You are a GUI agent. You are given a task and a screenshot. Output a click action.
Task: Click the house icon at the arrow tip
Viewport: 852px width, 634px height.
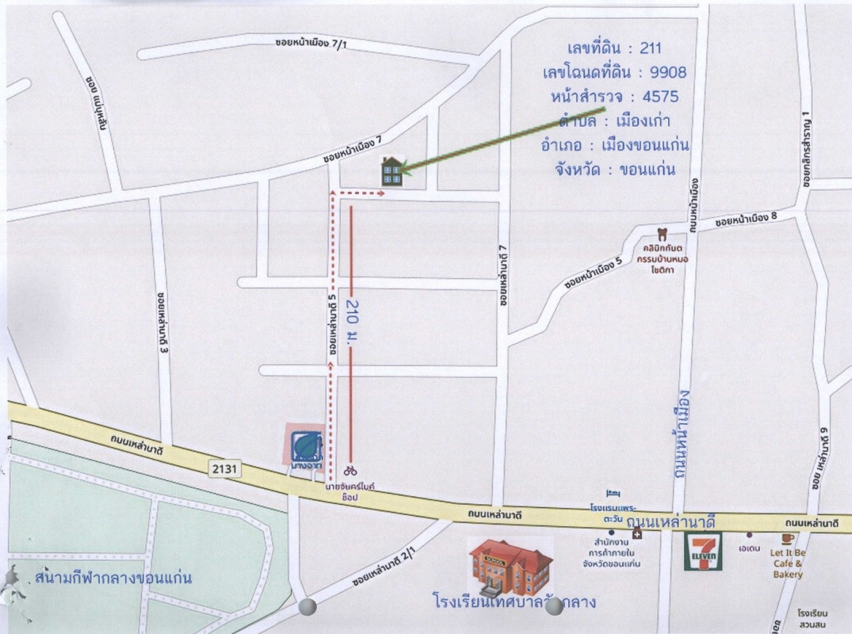392,171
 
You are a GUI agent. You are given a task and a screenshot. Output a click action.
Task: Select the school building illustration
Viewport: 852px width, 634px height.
510,567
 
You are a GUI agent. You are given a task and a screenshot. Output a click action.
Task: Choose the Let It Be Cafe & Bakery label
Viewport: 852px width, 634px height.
789,563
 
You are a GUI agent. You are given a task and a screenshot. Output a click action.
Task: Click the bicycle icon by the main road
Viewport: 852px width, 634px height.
350,470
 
